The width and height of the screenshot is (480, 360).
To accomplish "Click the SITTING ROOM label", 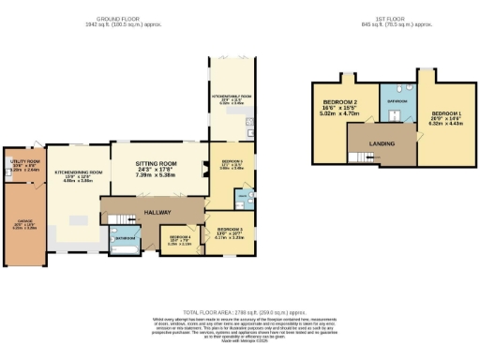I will pyautogui.click(x=157, y=162).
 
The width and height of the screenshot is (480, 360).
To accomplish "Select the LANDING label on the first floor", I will pyautogui.click(x=382, y=142).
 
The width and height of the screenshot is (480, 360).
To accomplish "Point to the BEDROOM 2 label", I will pyautogui.click(x=340, y=101).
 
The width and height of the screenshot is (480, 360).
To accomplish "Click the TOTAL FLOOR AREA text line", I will pyautogui.click(x=240, y=311).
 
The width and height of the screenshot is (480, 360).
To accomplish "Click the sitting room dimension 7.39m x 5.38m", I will pyautogui.click(x=157, y=175).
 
